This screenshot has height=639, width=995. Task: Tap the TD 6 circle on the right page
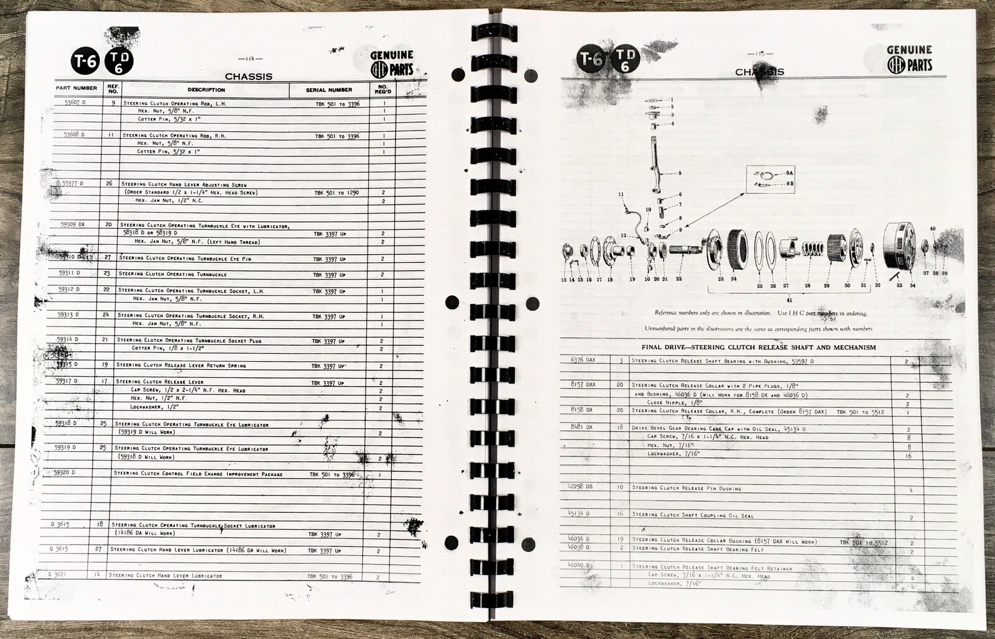(x=627, y=60)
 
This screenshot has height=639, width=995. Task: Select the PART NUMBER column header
(x=76, y=88)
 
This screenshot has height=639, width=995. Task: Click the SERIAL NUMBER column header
(x=329, y=90)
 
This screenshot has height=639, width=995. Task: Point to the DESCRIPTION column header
(x=206, y=90)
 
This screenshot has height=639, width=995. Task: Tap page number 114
(x=251, y=59)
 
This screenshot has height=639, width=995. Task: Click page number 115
(x=759, y=53)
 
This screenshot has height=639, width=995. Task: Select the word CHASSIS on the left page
(x=248, y=77)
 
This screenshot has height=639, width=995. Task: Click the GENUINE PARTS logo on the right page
(x=909, y=58)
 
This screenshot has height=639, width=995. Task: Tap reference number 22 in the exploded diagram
(x=679, y=279)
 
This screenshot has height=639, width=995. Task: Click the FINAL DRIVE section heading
(x=758, y=347)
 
